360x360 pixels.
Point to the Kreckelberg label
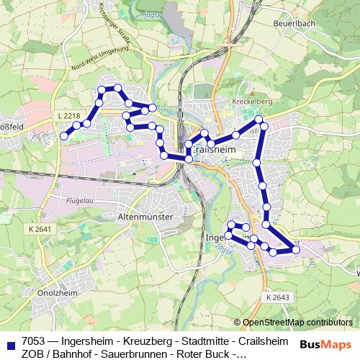[251, 102]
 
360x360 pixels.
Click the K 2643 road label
[277, 297]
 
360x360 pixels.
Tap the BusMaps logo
[325, 343]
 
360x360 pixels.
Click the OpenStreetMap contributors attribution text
[297, 323]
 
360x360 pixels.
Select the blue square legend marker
[9, 342]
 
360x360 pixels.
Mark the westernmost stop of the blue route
[63, 135]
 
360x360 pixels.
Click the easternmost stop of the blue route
[296, 250]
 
